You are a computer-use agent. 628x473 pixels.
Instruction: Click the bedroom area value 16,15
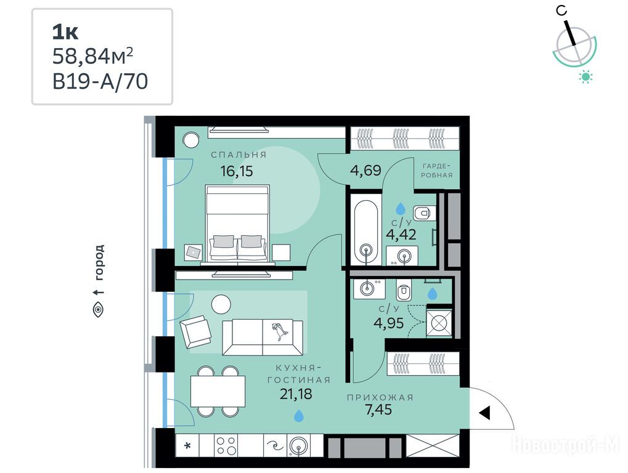pyautogui.click(x=237, y=171)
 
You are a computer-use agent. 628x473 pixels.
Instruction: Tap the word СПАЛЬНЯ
pyautogui.click(x=239, y=155)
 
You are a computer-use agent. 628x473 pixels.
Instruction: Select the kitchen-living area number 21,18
pyautogui.click(x=296, y=394)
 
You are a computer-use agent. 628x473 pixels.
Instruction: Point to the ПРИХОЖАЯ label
pyautogui.click(x=380, y=397)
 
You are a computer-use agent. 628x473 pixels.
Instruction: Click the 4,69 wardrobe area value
pyautogui.click(x=365, y=171)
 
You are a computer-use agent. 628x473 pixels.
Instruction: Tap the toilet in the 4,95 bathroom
pyautogui.click(x=404, y=290)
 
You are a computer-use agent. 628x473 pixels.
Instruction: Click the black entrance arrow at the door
pyautogui.click(x=484, y=413)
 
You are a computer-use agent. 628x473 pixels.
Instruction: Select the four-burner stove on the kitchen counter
pyautogui.click(x=226, y=445)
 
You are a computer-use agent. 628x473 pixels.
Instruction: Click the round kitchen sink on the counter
pyautogui.click(x=299, y=445)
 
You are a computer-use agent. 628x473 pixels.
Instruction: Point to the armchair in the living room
pyautogui.click(x=195, y=331)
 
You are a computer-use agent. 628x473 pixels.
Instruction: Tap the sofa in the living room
pyautogui.click(x=263, y=337)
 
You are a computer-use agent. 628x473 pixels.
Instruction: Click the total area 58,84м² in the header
pyautogui.click(x=92, y=56)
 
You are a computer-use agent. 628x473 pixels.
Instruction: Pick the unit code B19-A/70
pyautogui.click(x=100, y=82)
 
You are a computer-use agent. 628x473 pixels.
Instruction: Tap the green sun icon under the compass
pyautogui.click(x=585, y=77)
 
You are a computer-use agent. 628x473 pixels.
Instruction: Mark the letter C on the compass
pyautogui.click(x=562, y=10)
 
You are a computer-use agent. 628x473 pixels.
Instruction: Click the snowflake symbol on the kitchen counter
pyautogui.click(x=187, y=445)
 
